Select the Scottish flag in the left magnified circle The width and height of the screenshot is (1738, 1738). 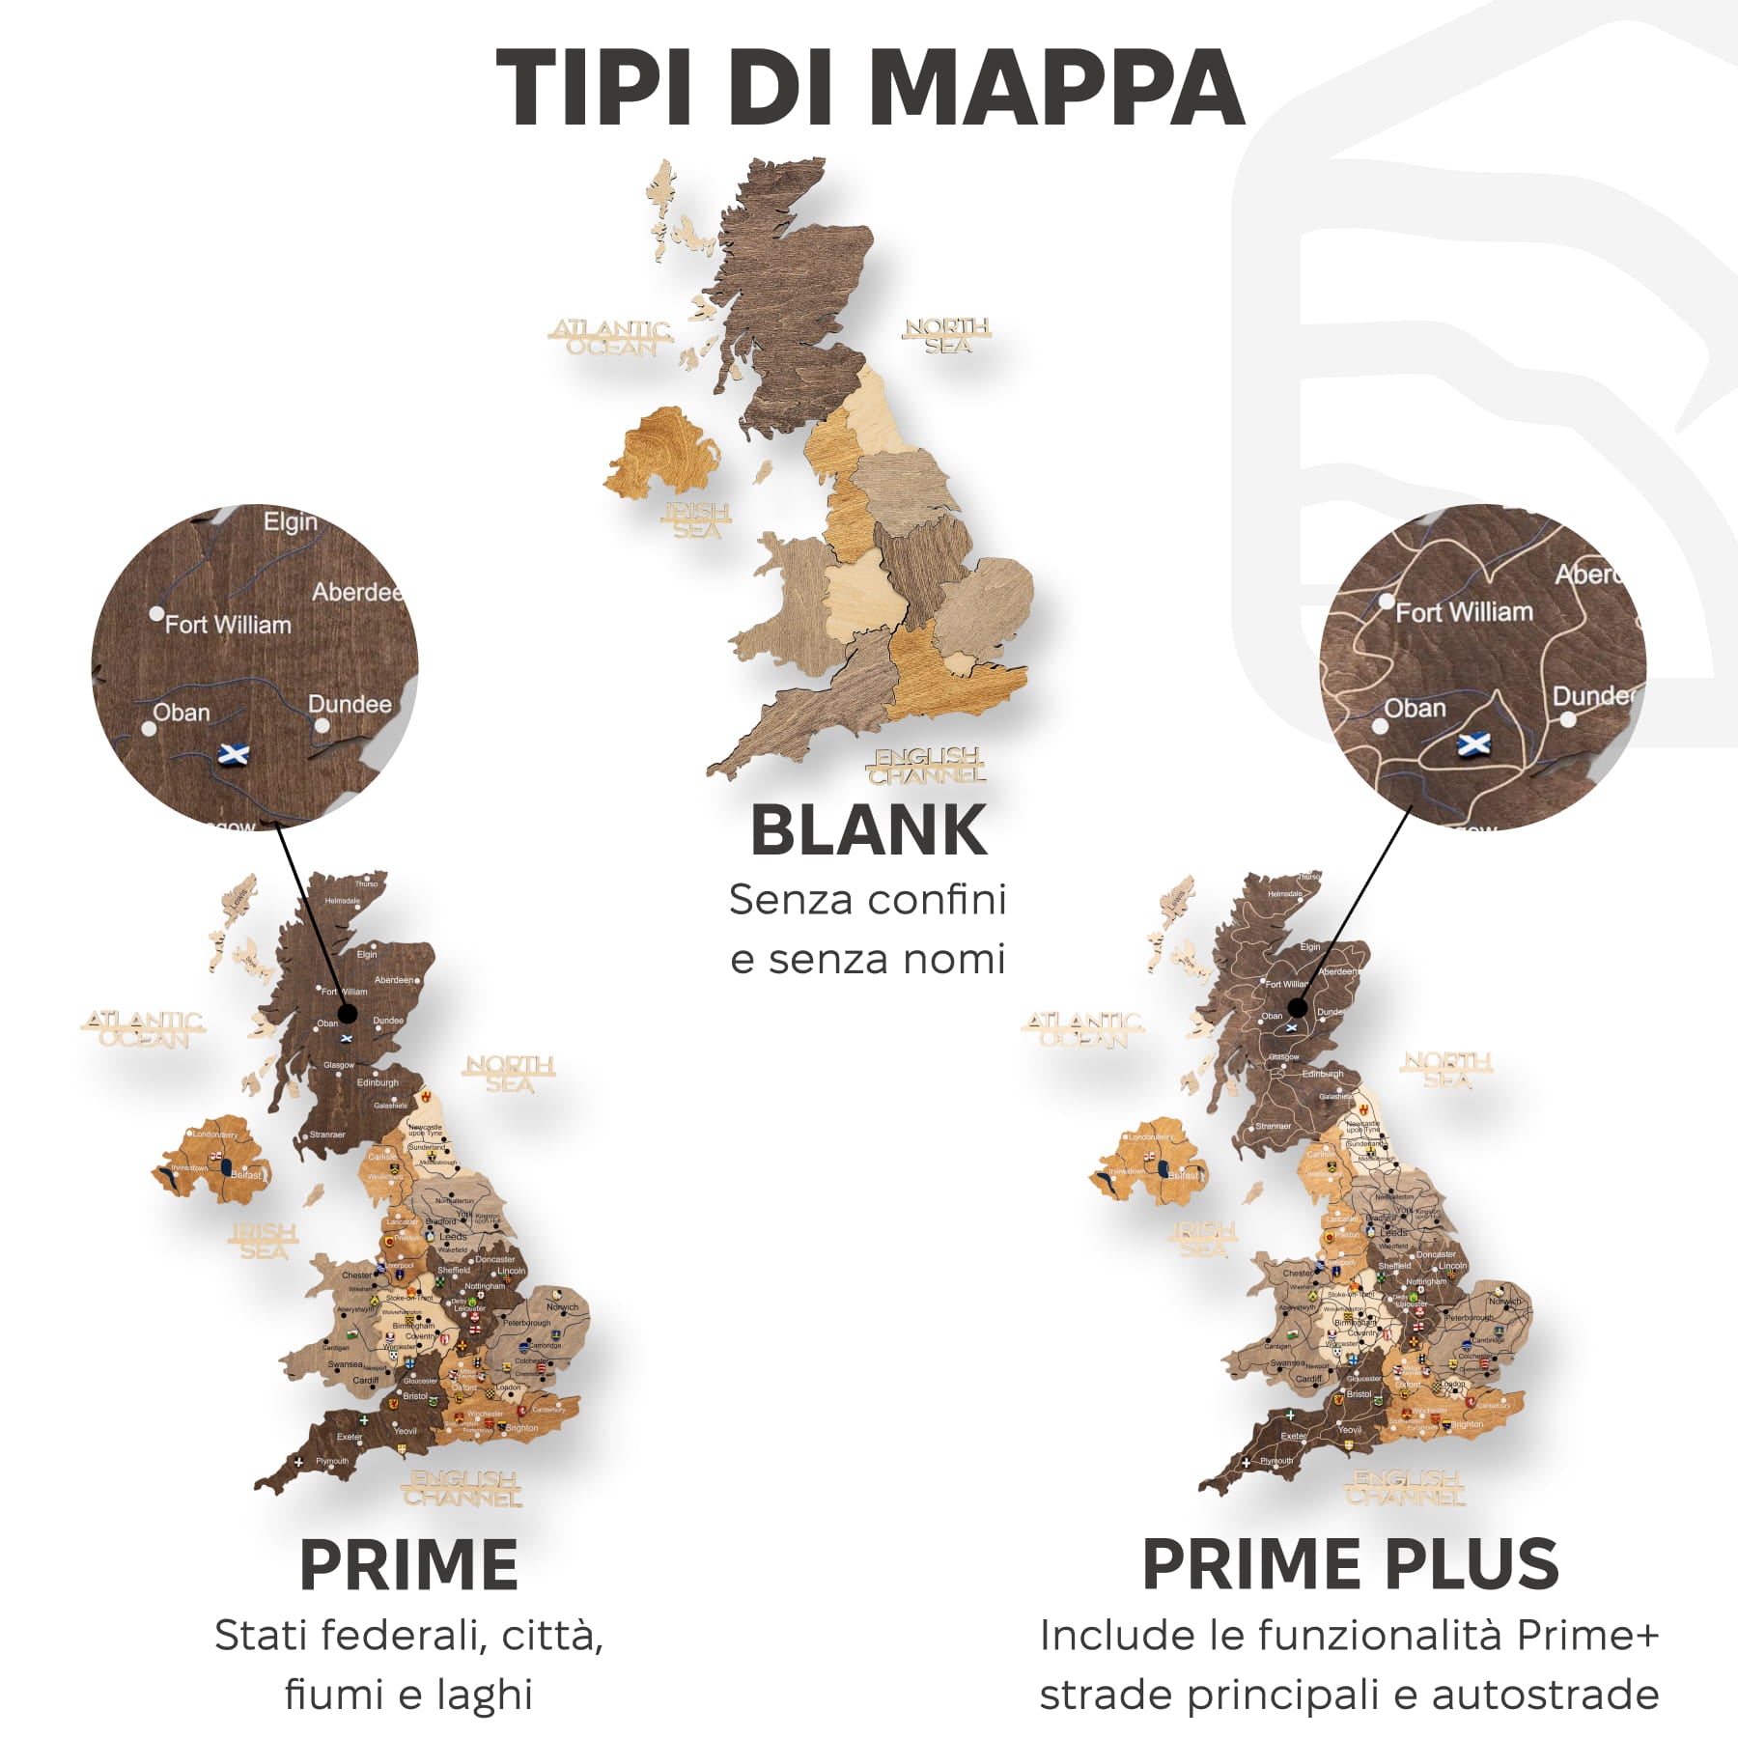[x=234, y=753]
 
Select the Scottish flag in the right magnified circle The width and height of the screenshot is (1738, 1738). [x=1472, y=744]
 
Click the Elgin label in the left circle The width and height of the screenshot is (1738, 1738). [x=290, y=522]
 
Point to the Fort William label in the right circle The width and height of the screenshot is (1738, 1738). [x=1464, y=612]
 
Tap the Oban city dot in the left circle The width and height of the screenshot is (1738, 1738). [x=148, y=729]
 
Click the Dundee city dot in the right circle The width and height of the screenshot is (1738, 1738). [x=1568, y=719]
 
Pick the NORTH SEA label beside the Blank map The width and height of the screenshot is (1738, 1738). [x=947, y=335]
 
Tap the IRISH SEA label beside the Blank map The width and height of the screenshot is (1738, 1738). [x=696, y=520]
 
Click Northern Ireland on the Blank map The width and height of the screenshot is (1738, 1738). [x=663, y=454]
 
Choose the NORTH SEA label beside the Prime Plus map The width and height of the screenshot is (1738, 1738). [x=1446, y=1070]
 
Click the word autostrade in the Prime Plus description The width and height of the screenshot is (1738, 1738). [x=1545, y=1695]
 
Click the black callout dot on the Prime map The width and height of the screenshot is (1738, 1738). [x=348, y=1013]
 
